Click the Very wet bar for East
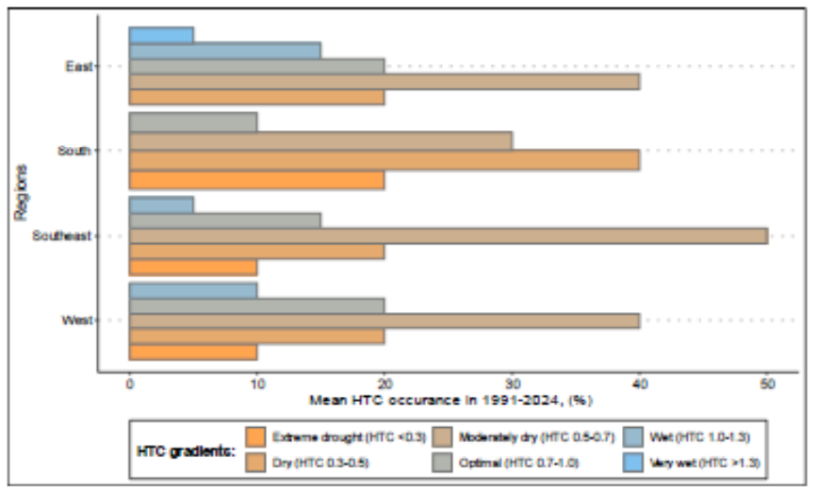(x=161, y=35)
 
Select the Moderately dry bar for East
(x=384, y=81)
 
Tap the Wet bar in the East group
(x=224, y=50)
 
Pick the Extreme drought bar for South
(x=256, y=180)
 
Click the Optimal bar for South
(x=193, y=123)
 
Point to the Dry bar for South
(x=384, y=159)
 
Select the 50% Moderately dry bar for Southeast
(x=448, y=235)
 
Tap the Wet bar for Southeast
(x=161, y=205)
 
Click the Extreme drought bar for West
(x=193, y=352)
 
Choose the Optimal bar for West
(x=256, y=305)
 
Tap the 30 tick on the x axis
(x=512, y=385)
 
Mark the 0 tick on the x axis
(x=129, y=385)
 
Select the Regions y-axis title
(x=21, y=192)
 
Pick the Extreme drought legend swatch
(x=254, y=436)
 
